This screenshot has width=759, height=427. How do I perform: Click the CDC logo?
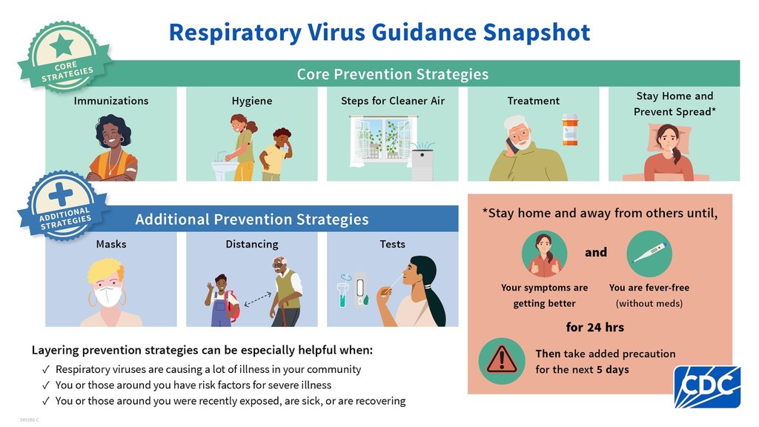click(x=707, y=386)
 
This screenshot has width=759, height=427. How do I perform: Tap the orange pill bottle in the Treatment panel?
click(x=570, y=130)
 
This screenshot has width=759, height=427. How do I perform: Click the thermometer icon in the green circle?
click(x=649, y=253)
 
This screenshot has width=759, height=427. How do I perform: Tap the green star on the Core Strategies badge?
click(x=62, y=46)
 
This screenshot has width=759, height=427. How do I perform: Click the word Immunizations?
click(x=111, y=101)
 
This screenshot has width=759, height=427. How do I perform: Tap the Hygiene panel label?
click(x=252, y=101)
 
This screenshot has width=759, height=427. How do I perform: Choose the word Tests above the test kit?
click(x=393, y=244)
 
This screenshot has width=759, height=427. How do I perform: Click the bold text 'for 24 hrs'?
click(x=595, y=327)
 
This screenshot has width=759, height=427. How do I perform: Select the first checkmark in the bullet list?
click(x=46, y=369)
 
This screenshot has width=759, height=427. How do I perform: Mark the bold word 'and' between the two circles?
click(x=596, y=252)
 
